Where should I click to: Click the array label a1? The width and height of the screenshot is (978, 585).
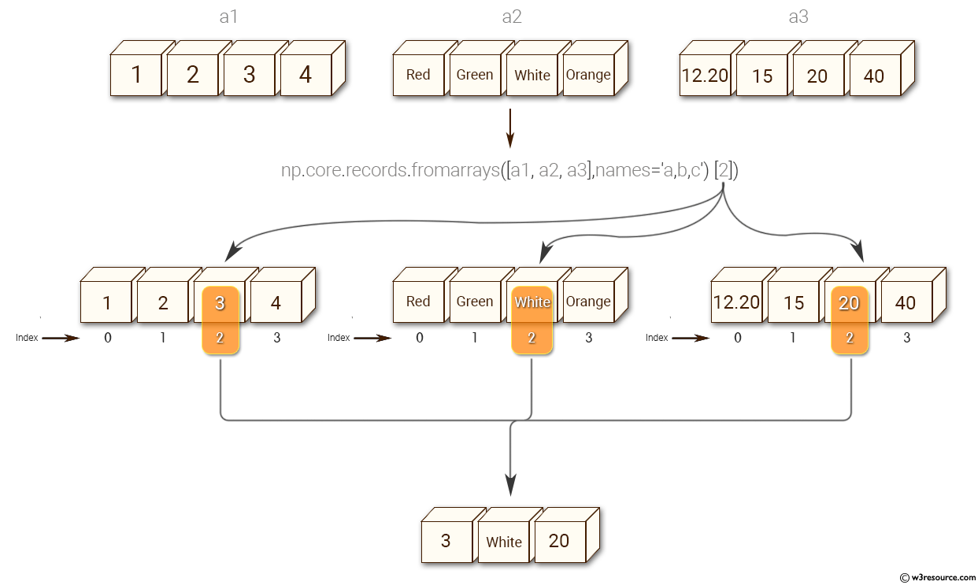[228, 17]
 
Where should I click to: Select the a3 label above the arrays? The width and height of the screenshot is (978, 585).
[798, 17]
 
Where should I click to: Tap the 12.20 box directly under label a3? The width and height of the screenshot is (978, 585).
[705, 76]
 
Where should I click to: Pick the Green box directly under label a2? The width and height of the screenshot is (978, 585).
[475, 75]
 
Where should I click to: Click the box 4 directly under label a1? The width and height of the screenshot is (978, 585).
[306, 75]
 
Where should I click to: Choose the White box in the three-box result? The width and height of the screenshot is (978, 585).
[504, 542]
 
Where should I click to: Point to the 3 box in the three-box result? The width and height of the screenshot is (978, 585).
[446, 542]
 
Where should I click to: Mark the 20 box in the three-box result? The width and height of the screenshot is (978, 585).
[559, 542]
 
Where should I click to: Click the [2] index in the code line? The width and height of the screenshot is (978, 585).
[724, 169]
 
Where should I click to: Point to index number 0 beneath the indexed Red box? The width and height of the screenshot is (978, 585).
[419, 338]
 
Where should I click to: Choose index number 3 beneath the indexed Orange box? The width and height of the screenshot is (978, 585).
[588, 338]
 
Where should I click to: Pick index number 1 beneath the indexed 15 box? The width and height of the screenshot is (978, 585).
[794, 338]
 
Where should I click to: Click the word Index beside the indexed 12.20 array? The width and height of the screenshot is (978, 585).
[657, 338]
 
